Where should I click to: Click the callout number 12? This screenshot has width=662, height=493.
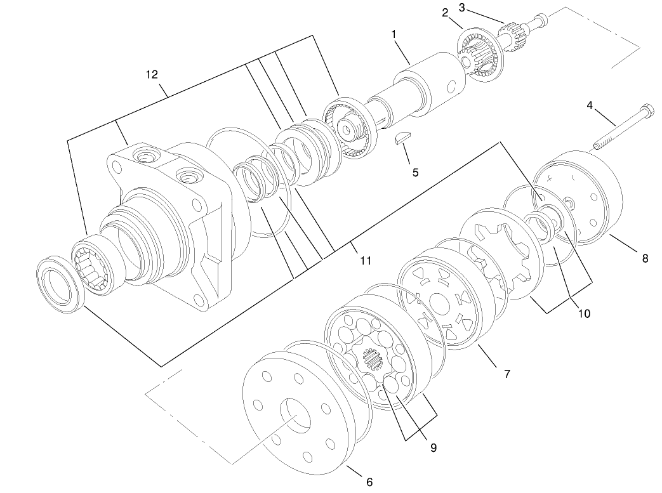151,74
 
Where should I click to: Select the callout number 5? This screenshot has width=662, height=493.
416,172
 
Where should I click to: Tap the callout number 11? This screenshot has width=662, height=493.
365,260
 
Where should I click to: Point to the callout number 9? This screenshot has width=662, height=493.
434,447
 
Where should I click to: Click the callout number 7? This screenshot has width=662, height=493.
506,374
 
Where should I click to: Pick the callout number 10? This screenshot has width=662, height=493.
583,313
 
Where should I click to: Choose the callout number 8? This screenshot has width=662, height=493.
645,258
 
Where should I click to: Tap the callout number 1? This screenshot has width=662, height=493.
394,34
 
